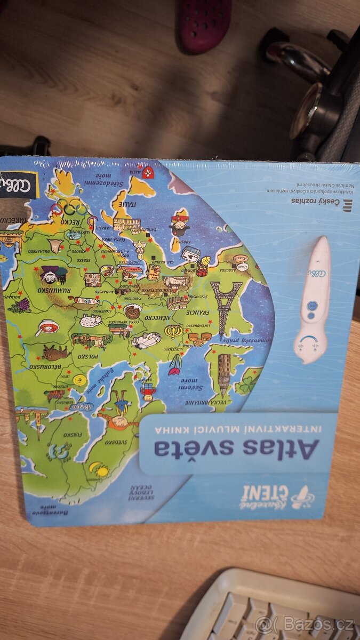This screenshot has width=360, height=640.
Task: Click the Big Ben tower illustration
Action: click(224, 373)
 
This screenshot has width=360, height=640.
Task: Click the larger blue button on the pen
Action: click(313, 306)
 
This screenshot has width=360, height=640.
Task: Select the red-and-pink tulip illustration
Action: click(175, 364)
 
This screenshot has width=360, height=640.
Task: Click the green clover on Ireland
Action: click(246, 383)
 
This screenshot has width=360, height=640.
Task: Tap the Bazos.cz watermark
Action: click(305, 623)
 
